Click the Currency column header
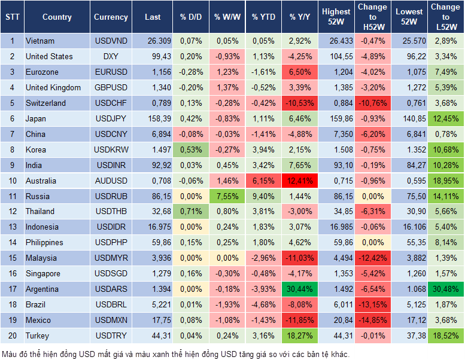click(111, 17)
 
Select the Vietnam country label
click(40, 41)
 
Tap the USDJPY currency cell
click(111, 119)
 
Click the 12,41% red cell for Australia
click(299, 181)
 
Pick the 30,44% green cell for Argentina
click(299, 289)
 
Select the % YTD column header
click(263, 17)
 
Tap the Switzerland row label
click(45, 103)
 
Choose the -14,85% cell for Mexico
click(372, 321)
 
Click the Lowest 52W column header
click(409, 17)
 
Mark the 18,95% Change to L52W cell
click(445, 181)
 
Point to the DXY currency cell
click(111, 57)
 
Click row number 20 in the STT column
click(11, 336)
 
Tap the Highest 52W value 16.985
click(336, 227)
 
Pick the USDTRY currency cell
click(111, 336)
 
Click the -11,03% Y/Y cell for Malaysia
click(299, 258)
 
